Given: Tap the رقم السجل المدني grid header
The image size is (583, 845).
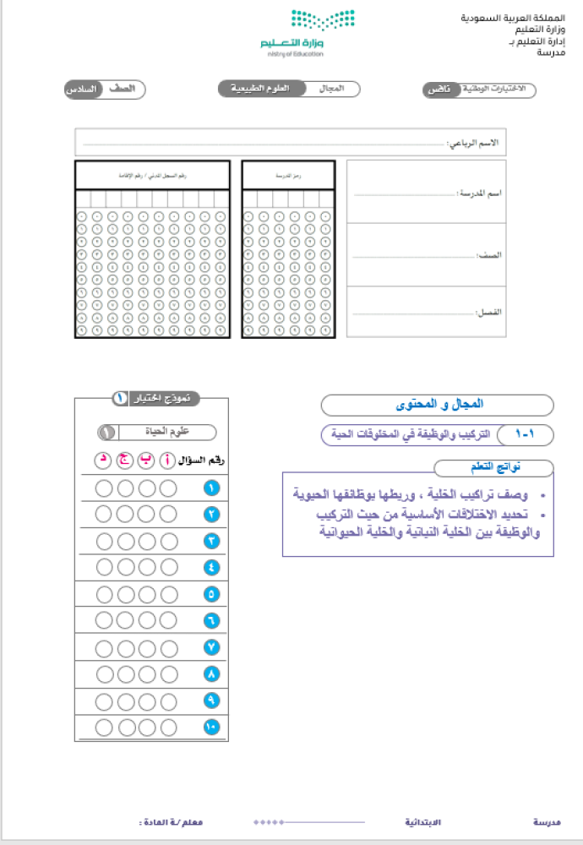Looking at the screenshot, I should [152, 176].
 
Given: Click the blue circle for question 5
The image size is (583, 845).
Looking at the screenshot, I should [211, 594].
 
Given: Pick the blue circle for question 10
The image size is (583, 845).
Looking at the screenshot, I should [211, 727].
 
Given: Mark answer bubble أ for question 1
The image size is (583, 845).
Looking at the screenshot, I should [168, 488].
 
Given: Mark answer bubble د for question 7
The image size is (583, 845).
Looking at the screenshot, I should [105, 648].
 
